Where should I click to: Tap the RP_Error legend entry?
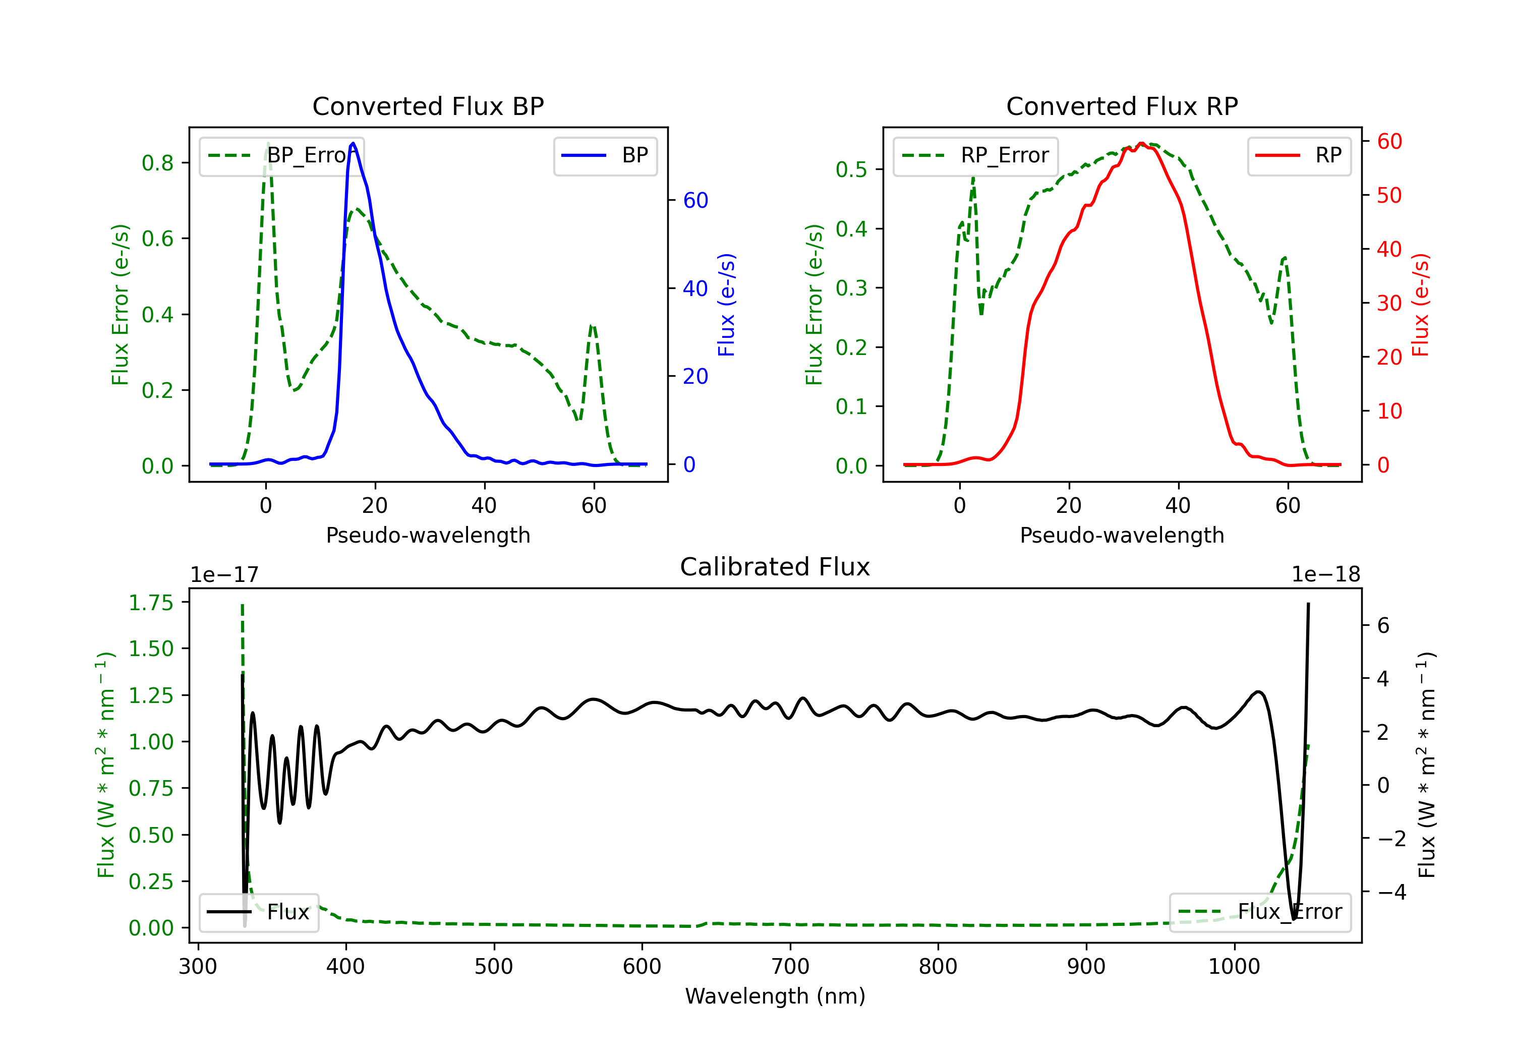[x=975, y=155]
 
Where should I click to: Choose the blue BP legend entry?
[x=605, y=155]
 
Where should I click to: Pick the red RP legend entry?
[x=1299, y=155]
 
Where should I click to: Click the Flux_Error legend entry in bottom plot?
[x=1260, y=912]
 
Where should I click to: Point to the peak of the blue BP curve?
[x=353, y=143]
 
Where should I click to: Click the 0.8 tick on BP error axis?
[x=157, y=163]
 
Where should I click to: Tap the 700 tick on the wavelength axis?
[x=790, y=967]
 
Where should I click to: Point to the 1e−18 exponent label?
[x=1326, y=575]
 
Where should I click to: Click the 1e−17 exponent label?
[x=225, y=575]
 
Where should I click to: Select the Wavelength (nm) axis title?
[x=775, y=996]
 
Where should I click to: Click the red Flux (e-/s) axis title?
[x=1421, y=305]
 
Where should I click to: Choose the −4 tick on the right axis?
[x=1392, y=892]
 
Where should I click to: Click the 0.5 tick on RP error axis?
[x=851, y=169]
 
